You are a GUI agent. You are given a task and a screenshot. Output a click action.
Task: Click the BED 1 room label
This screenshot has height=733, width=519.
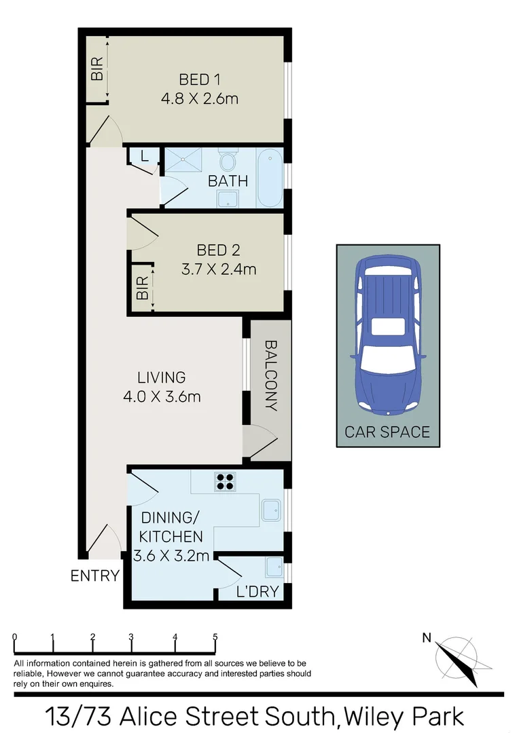point(199,78)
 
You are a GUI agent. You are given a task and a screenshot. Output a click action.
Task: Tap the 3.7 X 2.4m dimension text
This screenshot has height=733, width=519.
point(218,269)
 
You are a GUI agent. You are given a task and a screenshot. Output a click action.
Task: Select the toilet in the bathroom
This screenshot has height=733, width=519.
point(227,163)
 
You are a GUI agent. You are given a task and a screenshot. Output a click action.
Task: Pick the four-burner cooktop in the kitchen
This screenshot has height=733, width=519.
point(225,481)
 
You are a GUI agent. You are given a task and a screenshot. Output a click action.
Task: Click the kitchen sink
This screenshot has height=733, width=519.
point(272,510)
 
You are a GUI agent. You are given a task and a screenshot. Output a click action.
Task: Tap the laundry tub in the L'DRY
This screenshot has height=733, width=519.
point(274,567)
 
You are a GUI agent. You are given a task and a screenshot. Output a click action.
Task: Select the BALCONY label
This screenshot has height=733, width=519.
point(270,375)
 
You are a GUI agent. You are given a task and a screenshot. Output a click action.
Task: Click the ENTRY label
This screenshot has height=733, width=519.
point(95,576)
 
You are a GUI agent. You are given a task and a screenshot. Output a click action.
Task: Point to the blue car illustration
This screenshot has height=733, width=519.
point(386,335)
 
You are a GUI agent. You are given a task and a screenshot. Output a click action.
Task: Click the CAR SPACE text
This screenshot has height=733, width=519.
point(387,432)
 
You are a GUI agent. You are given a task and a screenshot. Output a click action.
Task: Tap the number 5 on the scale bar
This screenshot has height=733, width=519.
point(215,637)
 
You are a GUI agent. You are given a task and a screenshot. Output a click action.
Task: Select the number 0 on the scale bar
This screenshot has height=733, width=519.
point(14,637)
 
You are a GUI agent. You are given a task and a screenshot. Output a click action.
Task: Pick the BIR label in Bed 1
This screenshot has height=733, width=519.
point(98,69)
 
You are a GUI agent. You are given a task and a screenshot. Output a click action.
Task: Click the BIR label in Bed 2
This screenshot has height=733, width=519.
point(142,289)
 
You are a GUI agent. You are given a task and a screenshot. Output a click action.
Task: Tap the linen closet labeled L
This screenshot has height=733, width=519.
point(143,156)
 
